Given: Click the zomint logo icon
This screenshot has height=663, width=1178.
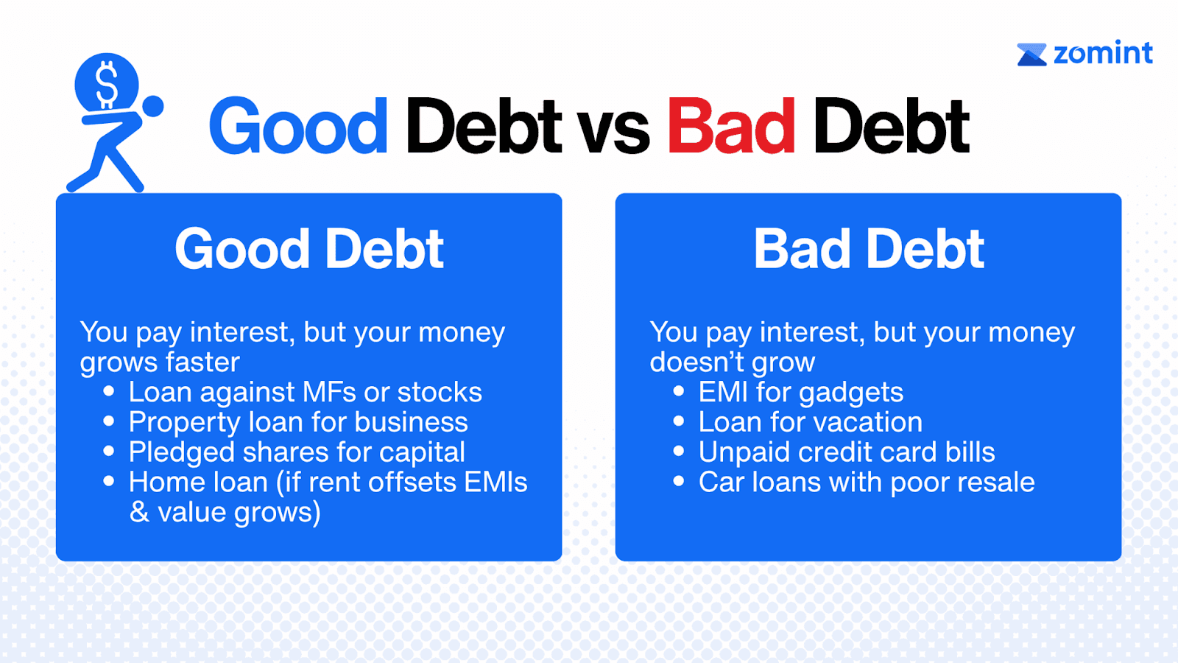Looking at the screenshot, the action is pyautogui.click(x=1031, y=55).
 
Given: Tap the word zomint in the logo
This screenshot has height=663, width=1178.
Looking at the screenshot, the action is pyautogui.click(x=1103, y=52).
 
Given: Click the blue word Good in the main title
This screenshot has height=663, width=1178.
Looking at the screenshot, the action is pyautogui.click(x=298, y=126).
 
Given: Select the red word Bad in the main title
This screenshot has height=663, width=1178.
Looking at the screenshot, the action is pyautogui.click(x=731, y=126).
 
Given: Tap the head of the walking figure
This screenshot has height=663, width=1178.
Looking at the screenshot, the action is pyautogui.click(x=152, y=106).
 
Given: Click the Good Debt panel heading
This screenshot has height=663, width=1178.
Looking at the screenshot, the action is pyautogui.click(x=309, y=249).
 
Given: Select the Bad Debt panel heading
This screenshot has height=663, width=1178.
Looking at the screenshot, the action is pyautogui.click(x=869, y=249).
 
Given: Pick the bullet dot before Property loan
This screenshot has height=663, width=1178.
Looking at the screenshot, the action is pyautogui.click(x=109, y=421).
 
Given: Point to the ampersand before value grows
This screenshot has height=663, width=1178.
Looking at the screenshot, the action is pyautogui.click(x=139, y=512).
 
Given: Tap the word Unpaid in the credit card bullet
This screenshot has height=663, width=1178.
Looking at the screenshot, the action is pyautogui.click(x=744, y=452).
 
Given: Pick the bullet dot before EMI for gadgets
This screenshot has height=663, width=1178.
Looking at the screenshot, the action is pyautogui.click(x=678, y=391).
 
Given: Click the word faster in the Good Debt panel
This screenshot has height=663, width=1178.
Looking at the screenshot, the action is pyautogui.click(x=202, y=362).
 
